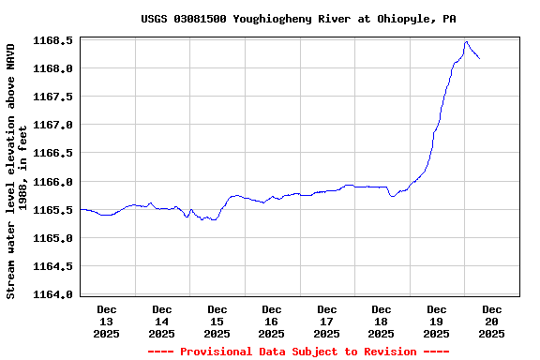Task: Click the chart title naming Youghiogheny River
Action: [299, 19]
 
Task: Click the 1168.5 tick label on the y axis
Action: [53, 40]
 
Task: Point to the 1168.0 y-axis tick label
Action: [53, 68]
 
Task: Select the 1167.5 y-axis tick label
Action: [53, 97]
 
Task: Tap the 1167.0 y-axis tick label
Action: [53, 125]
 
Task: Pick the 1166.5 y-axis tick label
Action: [53, 153]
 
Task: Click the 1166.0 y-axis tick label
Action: [53, 182]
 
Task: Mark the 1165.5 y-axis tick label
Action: [53, 210]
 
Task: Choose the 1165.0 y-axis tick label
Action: [53, 238]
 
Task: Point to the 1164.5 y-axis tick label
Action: [53, 266]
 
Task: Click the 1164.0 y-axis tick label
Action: [53, 294]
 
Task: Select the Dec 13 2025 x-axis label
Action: [107, 321]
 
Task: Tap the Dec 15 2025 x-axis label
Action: [217, 321]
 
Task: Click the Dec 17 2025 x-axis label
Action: [326, 321]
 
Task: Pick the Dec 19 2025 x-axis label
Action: [436, 321]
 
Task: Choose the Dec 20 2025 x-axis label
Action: [491, 321]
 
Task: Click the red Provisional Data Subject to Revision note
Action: [299, 352]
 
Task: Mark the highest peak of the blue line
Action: [466, 41]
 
